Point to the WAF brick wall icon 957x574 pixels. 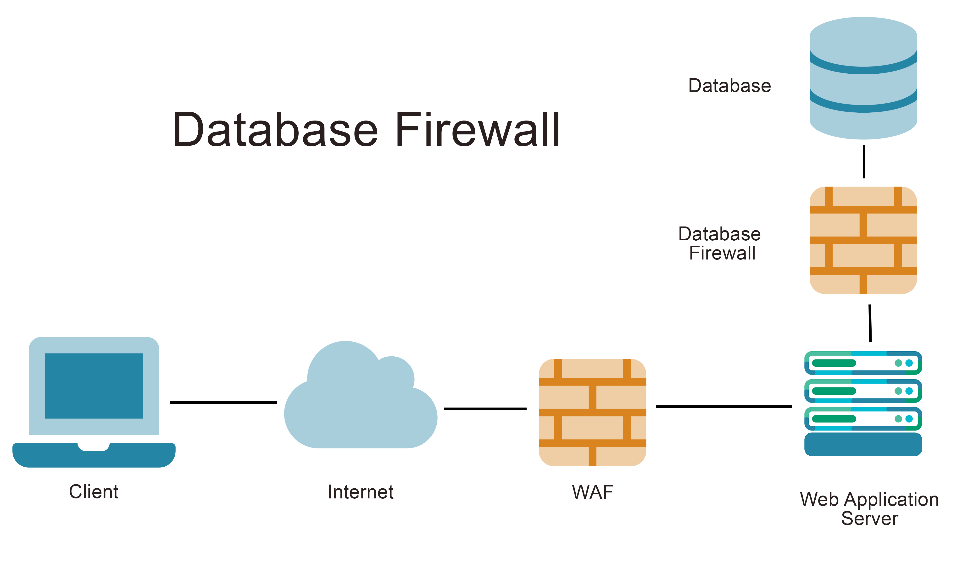[592, 412]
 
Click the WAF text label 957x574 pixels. [592, 492]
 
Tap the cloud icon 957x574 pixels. [361, 398]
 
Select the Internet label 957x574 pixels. [361, 492]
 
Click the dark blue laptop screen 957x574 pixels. [94, 386]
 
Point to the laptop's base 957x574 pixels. [94, 456]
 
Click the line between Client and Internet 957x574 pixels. [223, 402]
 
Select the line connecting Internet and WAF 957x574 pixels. [485, 408]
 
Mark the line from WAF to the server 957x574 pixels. [724, 407]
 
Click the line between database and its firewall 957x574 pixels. [864, 162]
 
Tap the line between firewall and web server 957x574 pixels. [870, 323]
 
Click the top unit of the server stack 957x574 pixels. [863, 363]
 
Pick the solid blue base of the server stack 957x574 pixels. [863, 444]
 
